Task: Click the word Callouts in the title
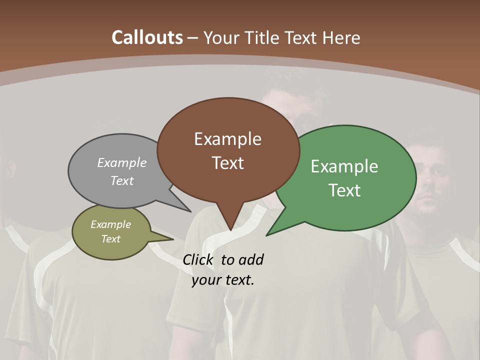(147, 37)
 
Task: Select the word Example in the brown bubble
(227, 139)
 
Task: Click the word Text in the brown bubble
(227, 163)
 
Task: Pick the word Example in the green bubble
(344, 166)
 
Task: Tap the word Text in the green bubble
(344, 190)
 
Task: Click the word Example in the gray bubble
(122, 163)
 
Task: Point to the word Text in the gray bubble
(122, 180)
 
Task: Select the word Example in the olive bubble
(110, 224)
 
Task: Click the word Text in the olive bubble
(110, 239)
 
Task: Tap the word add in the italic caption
(251, 259)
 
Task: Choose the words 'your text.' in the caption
(223, 280)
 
